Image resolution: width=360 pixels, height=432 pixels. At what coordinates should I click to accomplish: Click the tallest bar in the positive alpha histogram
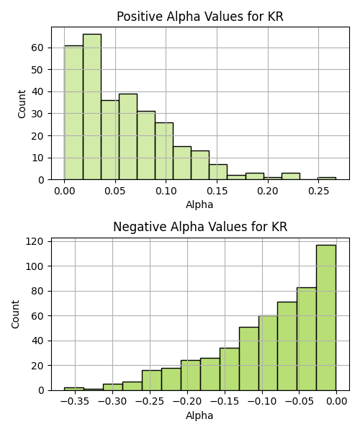(x=92, y=107)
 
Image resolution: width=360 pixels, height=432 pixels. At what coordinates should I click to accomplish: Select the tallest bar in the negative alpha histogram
(x=326, y=318)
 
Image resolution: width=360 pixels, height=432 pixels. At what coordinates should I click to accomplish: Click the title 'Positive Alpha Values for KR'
(x=200, y=17)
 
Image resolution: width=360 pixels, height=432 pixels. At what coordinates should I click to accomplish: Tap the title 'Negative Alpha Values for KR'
(x=200, y=227)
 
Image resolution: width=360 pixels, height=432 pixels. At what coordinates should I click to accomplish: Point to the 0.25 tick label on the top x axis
(x=319, y=191)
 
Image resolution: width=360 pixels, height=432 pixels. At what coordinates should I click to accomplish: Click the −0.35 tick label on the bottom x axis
(x=75, y=402)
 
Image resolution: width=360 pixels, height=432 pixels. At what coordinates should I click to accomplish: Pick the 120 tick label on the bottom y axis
(x=35, y=242)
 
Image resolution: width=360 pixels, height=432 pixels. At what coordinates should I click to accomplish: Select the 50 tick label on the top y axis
(x=37, y=70)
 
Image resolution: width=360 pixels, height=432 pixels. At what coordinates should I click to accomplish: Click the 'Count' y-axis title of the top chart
(x=22, y=104)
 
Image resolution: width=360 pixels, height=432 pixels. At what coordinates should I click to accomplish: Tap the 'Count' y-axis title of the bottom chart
(x=15, y=315)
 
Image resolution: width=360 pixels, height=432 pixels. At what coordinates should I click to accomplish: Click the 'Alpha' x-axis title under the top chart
(x=199, y=204)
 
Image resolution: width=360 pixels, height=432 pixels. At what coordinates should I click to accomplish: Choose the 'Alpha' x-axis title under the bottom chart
(x=199, y=415)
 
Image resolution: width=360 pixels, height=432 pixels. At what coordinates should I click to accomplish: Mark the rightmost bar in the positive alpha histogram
(x=327, y=179)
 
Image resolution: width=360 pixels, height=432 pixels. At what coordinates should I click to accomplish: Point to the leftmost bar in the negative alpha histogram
(x=74, y=389)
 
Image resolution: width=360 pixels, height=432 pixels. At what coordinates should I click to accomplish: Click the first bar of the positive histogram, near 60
(x=74, y=113)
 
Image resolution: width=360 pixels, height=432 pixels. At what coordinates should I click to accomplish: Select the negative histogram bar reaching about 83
(x=307, y=339)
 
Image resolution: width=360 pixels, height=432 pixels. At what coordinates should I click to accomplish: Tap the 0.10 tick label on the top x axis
(x=166, y=191)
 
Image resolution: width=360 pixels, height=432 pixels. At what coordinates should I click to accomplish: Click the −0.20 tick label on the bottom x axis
(x=187, y=402)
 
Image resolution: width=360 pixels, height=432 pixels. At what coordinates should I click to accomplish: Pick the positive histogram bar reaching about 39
(x=128, y=137)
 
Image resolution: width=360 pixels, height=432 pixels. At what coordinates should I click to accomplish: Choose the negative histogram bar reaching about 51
(x=248, y=359)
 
